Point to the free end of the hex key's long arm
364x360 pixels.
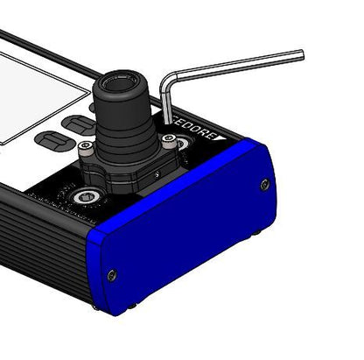(x=300, y=55)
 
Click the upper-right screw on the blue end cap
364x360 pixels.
(x=264, y=184)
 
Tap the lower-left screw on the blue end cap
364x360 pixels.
(x=111, y=275)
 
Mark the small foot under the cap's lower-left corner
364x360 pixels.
(x=131, y=306)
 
